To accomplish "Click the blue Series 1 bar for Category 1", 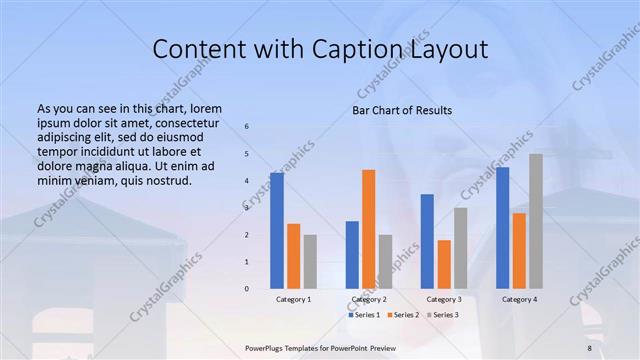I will coord(277,231).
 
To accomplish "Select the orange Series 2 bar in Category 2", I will coord(369,229).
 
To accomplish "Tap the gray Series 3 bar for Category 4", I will coord(536,221).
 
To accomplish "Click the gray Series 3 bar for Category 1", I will coord(310,261).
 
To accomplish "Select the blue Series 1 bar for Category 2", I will coord(352,254).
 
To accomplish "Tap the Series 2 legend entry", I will coord(402,315).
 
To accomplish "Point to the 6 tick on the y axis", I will coord(247,127).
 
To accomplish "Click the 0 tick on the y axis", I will coord(247,289).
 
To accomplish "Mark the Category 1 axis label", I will coord(294,300).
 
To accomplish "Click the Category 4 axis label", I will coord(519,300).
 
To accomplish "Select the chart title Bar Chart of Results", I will coord(402,110).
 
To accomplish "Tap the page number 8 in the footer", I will coord(589,348).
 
